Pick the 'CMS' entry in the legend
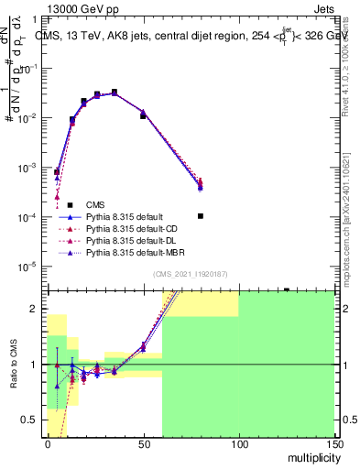coord(95,204)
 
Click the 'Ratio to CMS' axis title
coord(15,365)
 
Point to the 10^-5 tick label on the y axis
coord(28,267)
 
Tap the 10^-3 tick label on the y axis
coord(28,168)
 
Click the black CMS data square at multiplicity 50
coord(143,116)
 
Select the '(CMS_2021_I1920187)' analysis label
coord(191,274)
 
